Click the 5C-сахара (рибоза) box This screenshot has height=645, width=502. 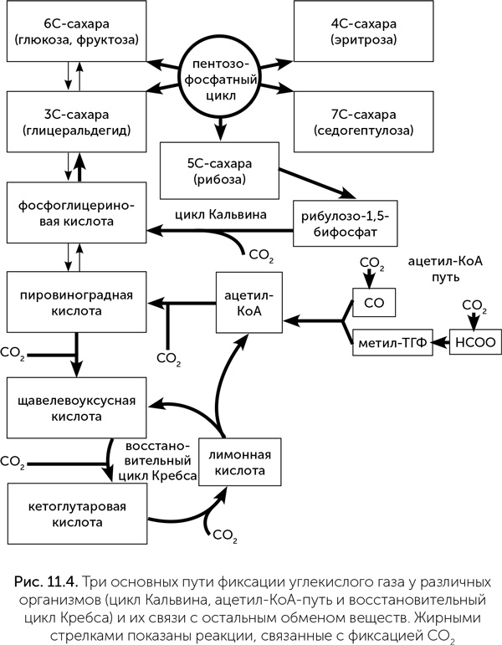coord(218,167)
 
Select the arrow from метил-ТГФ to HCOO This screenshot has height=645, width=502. coord(441,344)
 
